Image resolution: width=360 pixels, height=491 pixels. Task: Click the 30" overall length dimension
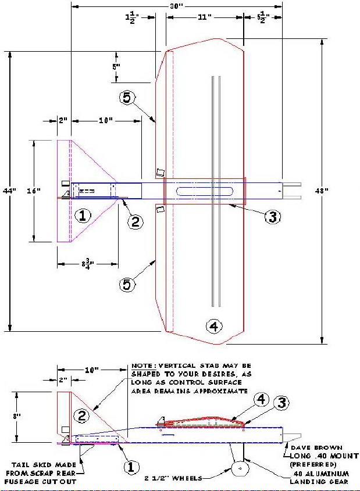point(176,6)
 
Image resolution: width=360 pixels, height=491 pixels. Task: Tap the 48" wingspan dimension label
point(322,191)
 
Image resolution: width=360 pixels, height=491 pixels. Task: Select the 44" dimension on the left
point(9,191)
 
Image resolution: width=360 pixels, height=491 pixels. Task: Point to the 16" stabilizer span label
point(34,191)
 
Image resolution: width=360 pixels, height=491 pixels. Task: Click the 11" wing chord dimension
point(205,17)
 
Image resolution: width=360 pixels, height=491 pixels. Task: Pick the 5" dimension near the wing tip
point(116,66)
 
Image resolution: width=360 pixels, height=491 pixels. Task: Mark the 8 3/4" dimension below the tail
point(88,264)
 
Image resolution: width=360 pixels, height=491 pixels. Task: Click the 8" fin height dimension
point(17,416)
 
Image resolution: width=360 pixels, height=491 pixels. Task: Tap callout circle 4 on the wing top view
point(214,327)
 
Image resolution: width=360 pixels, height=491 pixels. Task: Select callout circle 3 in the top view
point(273,216)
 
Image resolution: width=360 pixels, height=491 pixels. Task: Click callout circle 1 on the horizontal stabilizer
point(83,216)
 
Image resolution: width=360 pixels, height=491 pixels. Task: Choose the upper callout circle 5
point(127,98)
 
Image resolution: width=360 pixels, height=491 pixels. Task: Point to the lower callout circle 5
point(127,285)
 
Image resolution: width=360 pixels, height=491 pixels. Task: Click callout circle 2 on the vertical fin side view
point(81,415)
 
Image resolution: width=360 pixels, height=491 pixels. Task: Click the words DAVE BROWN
point(317,448)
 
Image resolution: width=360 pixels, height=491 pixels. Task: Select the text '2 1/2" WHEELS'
point(173,478)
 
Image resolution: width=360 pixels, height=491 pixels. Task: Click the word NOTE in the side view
point(142,365)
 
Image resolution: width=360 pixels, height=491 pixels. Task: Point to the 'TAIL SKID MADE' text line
point(44,465)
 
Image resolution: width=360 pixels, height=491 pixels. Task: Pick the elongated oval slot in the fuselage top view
point(205,191)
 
